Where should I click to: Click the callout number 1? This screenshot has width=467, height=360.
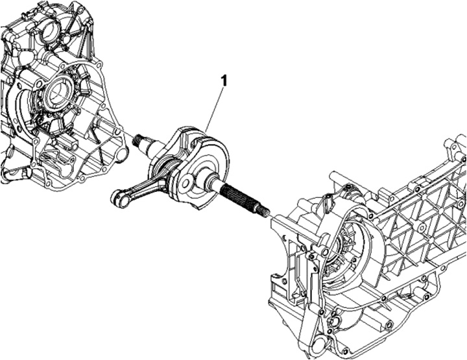tap(224, 80)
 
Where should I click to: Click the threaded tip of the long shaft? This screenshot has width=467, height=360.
tap(265, 211)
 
